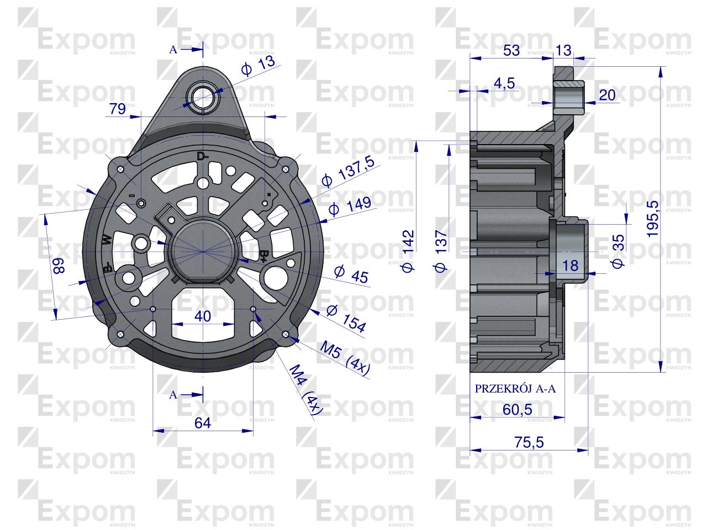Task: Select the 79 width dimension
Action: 117,109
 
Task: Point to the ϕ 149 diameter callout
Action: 349,209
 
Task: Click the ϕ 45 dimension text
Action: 351,274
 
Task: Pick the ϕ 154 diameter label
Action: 346,319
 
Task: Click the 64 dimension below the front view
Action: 203,423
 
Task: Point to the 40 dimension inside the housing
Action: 203,316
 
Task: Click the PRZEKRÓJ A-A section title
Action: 515,389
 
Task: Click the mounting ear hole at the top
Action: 203,96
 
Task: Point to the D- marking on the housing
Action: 203,156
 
